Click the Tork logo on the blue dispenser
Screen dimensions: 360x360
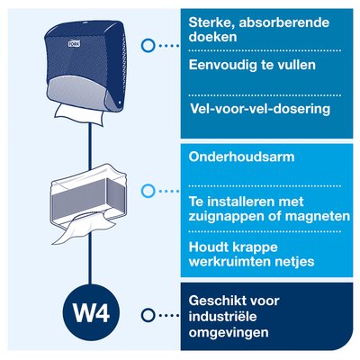(74, 44)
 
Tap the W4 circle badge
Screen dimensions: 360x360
(91, 313)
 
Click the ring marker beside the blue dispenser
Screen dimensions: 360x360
(148, 46)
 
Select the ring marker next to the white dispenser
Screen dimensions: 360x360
(148, 191)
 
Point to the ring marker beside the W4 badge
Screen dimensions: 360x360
(148, 315)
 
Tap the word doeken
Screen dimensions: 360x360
(212, 37)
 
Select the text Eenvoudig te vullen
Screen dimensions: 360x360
(252, 65)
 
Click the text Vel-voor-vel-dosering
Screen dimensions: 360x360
(260, 109)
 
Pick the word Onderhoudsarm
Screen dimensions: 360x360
(242, 157)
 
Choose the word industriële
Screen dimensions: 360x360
(222, 317)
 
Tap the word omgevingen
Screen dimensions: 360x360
(229, 333)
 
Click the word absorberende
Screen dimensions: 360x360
(284, 22)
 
